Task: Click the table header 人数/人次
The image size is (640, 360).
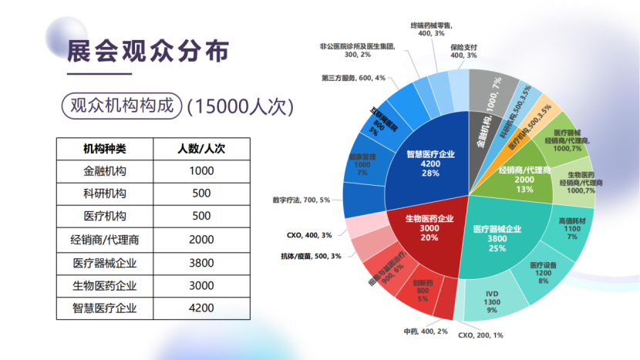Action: [200, 148]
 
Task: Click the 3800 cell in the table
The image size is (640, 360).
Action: [200, 263]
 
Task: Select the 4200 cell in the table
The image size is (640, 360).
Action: [200, 308]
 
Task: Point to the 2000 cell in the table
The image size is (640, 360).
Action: [200, 240]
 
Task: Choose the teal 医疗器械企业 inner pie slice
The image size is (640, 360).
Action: [497, 235]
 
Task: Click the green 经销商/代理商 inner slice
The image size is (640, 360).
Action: [524, 177]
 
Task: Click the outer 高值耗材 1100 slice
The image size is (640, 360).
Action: [571, 229]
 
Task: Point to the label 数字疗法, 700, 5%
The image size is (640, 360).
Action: [301, 200]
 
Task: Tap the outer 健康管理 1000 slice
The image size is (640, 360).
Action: [362, 167]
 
